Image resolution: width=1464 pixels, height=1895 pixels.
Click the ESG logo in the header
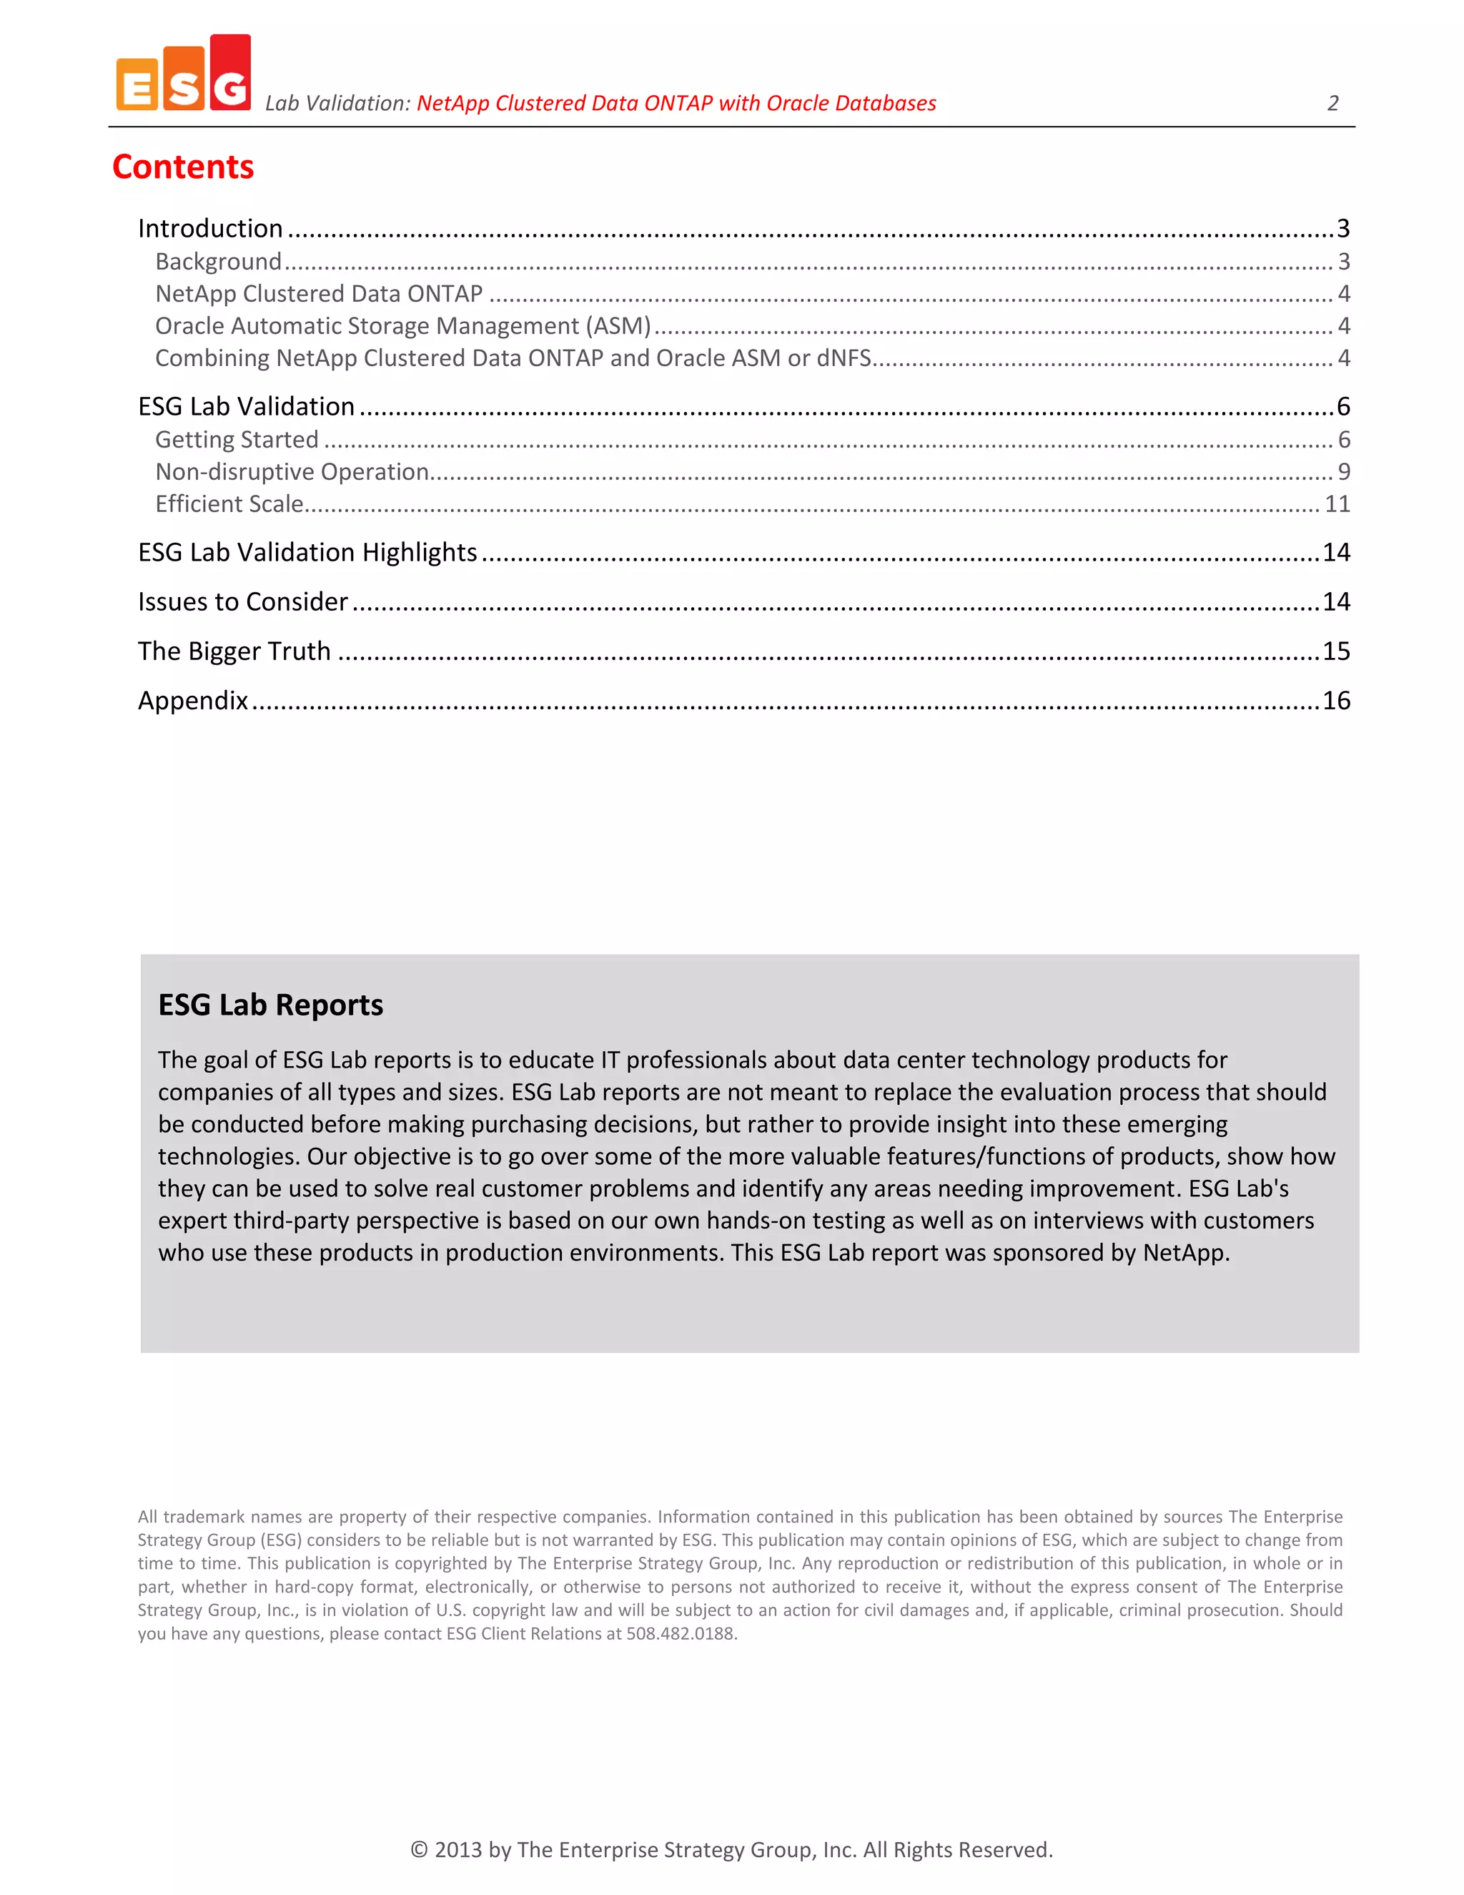click(x=183, y=74)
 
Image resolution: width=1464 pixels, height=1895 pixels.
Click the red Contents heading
click(x=183, y=167)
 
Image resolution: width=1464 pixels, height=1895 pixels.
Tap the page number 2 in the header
click(x=1333, y=103)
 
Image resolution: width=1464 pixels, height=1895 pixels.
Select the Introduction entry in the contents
click(x=211, y=228)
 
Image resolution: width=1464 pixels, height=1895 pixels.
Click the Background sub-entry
click(x=219, y=261)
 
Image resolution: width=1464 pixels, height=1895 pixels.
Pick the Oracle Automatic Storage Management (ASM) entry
click(x=402, y=325)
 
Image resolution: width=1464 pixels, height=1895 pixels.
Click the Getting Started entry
click(x=237, y=439)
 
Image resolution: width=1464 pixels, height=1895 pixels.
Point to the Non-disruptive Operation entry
click(x=292, y=471)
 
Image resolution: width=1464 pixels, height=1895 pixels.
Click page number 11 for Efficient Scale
click(x=1337, y=503)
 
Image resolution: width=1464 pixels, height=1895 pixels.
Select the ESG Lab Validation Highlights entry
click(x=307, y=552)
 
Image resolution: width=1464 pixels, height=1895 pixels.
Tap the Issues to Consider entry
click(x=243, y=601)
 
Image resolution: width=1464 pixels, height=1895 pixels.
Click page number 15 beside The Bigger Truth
click(x=1335, y=651)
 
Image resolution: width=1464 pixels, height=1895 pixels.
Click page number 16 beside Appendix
click(x=1335, y=700)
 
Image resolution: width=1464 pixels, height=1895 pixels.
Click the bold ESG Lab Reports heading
click(x=271, y=1004)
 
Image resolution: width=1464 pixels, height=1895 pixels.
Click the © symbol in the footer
click(x=419, y=1849)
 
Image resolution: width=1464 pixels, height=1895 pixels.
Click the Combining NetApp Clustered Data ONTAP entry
click(x=513, y=358)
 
